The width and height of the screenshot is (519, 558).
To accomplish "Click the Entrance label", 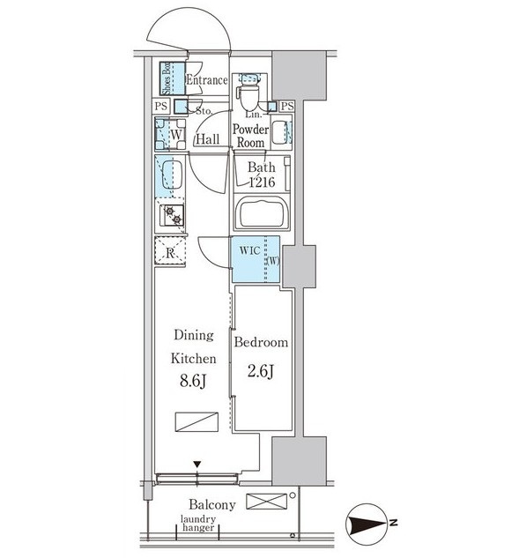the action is point(207,79).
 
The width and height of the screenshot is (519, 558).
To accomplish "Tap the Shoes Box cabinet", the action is point(172,78).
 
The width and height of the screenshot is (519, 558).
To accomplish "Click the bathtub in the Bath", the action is point(262,212).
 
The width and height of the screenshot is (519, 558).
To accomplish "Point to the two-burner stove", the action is point(172,215).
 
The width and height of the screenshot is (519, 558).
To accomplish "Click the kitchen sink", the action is point(172,175).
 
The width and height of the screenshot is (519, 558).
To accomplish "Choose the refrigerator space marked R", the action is point(170,251).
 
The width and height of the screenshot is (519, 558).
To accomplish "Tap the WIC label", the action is point(249,250).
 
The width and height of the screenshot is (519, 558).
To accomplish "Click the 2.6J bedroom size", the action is point(261,372).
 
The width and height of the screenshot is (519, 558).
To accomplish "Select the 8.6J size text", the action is point(193,381).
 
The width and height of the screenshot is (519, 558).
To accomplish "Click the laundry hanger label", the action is point(198,523).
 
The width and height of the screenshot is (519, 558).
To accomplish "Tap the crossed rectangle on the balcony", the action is point(266,502).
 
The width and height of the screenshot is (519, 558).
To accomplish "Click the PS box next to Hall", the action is point(161,107).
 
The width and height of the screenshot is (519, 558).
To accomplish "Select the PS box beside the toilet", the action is point(286,106).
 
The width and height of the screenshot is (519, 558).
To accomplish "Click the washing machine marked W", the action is point(170,134).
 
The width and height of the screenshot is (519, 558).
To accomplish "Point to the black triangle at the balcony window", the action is point(197,464).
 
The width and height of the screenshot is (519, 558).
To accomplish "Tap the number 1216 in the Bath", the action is point(263,182).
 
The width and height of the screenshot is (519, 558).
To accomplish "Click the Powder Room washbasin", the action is point(279,131).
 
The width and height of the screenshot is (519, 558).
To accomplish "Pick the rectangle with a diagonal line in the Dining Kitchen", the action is point(196,422).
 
